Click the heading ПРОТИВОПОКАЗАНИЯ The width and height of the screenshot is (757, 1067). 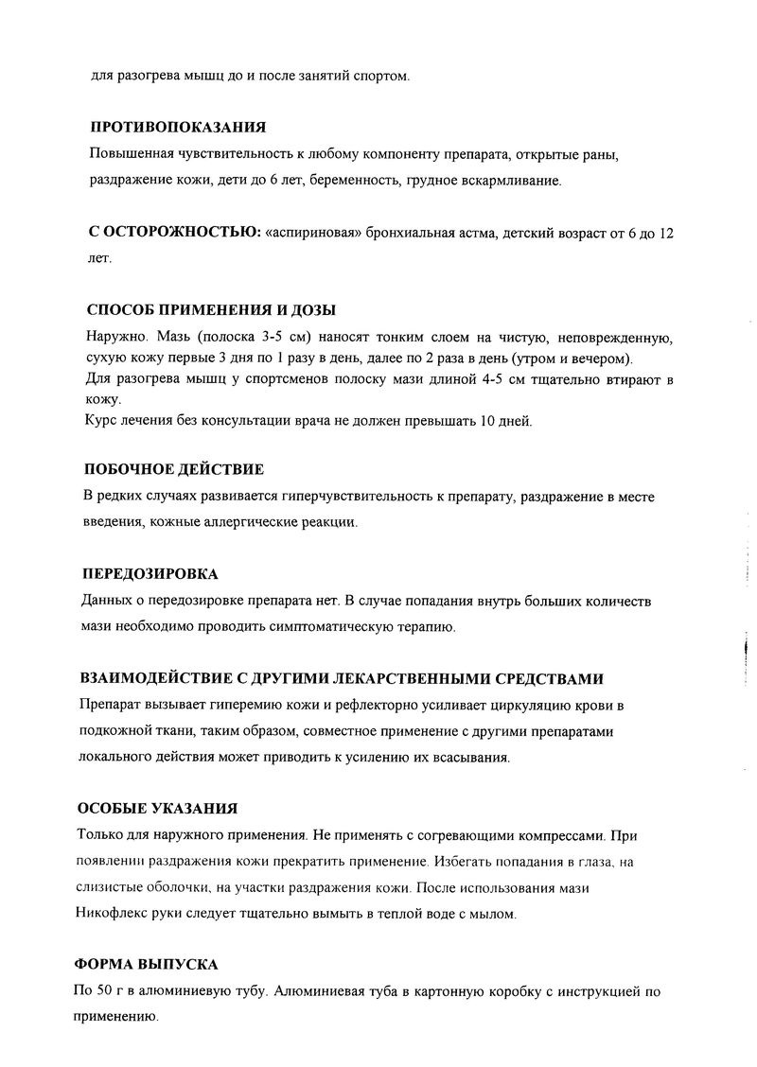pyautogui.click(x=176, y=128)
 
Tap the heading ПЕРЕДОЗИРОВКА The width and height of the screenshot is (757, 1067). pyautogui.click(x=150, y=574)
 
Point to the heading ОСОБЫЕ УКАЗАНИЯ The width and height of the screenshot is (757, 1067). pyautogui.click(x=156, y=809)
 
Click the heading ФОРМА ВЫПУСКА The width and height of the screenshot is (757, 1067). pyautogui.click(x=146, y=964)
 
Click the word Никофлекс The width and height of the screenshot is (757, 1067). pyautogui.click(x=107, y=915)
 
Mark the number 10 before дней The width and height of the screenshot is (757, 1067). pyautogui.click(x=479, y=421)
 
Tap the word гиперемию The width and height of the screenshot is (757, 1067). pyautogui.click(x=224, y=706)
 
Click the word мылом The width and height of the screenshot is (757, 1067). pyautogui.click(x=496, y=915)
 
